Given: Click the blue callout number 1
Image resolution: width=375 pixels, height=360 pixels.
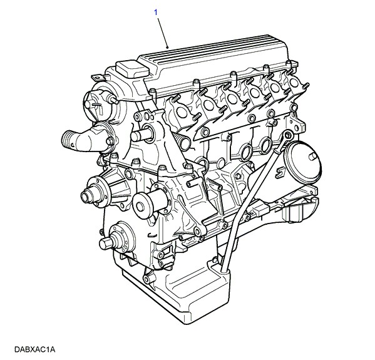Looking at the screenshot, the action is coord(156,13).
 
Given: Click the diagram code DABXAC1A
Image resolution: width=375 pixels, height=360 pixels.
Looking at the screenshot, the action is coord(35,349).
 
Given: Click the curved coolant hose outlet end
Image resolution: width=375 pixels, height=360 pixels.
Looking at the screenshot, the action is coord(68,141).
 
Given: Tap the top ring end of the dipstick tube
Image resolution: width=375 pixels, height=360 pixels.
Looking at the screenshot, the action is coord(289,136).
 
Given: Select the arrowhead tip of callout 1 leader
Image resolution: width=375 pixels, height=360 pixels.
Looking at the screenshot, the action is coord(168,48).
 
